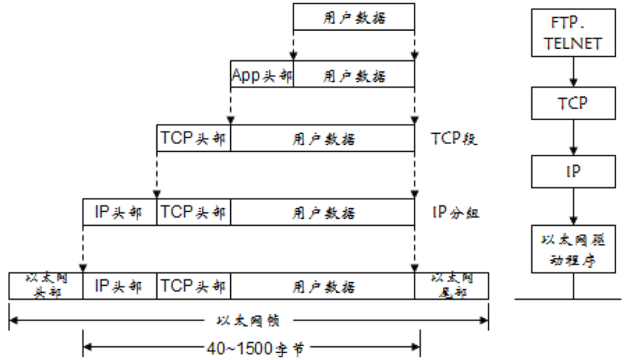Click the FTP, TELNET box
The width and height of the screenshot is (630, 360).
pyautogui.click(x=573, y=33)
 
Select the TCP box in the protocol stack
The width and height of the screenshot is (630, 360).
pyautogui.click(x=573, y=103)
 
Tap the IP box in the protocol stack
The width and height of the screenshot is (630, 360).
pyautogui.click(x=573, y=172)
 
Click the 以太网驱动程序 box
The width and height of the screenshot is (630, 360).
pyautogui.click(x=573, y=249)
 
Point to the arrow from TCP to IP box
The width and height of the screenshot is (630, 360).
pyautogui.click(x=573, y=137)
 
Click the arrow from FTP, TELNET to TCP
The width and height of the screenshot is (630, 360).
pyautogui.click(x=573, y=72)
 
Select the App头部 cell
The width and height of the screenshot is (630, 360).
pyautogui.click(x=262, y=74)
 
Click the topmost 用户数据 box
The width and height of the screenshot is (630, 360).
pyautogui.click(x=354, y=17)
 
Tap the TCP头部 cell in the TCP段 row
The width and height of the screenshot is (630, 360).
pyautogui.click(x=194, y=138)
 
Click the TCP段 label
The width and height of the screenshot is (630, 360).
pyautogui.click(x=454, y=139)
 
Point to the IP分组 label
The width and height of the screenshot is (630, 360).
pyautogui.click(x=456, y=212)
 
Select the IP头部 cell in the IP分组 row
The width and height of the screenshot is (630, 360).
pyautogui.click(x=120, y=212)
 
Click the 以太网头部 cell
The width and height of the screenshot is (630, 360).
pyautogui.click(x=46, y=286)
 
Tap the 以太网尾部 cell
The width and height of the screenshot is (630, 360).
pyautogui.click(x=451, y=286)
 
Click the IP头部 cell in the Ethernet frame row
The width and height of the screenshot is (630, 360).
pyautogui.click(x=120, y=286)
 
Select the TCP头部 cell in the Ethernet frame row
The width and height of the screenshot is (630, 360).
pyautogui.click(x=194, y=286)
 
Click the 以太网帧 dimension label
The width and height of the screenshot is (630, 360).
pyautogui.click(x=248, y=321)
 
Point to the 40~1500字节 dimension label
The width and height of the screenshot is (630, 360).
pyautogui.click(x=255, y=348)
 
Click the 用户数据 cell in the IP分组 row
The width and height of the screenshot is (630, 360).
pyautogui.click(x=323, y=212)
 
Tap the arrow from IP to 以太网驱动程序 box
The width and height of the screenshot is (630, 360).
pyautogui.click(x=573, y=206)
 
